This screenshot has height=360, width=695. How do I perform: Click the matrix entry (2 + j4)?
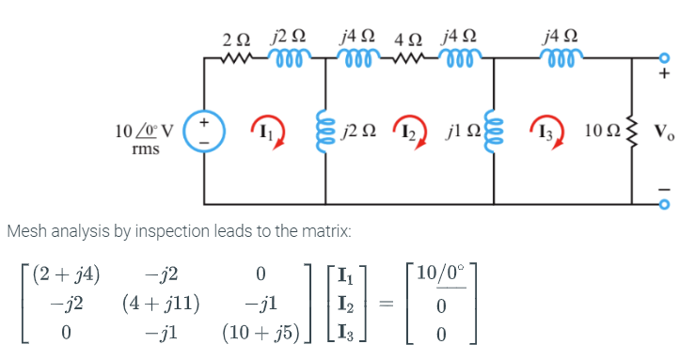tap(66, 275)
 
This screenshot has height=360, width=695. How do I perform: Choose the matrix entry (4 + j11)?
tap(165, 305)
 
